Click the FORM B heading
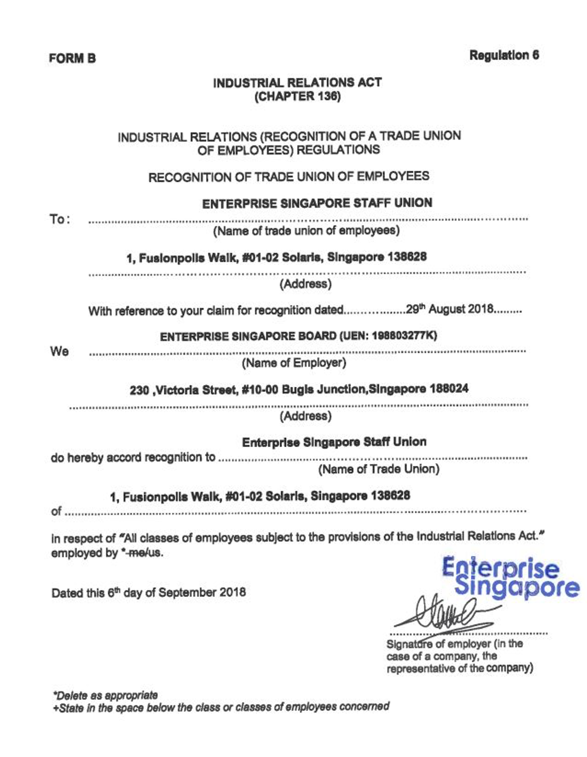(x=72, y=58)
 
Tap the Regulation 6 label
(x=504, y=56)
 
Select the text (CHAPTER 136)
(x=297, y=96)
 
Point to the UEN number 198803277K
(x=403, y=335)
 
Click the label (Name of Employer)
(x=294, y=363)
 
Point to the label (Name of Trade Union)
(x=379, y=469)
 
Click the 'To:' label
(x=60, y=219)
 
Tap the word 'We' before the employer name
(x=59, y=351)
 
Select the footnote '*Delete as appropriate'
(x=105, y=695)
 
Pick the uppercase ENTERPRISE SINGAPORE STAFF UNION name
(x=317, y=203)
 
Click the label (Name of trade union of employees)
(x=306, y=230)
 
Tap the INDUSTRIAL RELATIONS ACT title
(x=297, y=83)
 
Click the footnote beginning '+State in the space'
(x=220, y=707)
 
